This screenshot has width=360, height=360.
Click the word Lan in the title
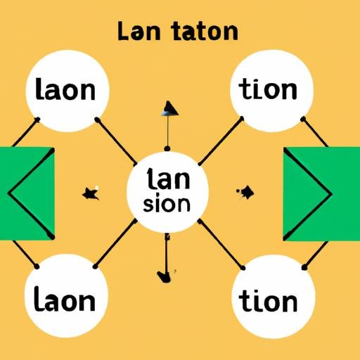tap(139, 31)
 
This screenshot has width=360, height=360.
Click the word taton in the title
tap(205, 31)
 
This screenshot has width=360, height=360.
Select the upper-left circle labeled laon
tap(67, 91)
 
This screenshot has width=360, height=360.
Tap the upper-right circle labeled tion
tap(272, 91)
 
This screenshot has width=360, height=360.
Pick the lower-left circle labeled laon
tap(66, 296)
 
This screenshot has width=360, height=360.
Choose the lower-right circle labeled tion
tap(274, 297)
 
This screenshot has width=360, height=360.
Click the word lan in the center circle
tap(168, 179)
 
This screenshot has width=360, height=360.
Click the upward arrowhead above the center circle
tap(170, 108)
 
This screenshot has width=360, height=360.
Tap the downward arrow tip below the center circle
tap(164, 276)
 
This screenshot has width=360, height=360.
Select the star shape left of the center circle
tap(91, 193)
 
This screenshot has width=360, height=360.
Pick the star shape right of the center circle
tap(245, 192)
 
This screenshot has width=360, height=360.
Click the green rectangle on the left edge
tap(27, 193)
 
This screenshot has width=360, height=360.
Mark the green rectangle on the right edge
tap(321, 193)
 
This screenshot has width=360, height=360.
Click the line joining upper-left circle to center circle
tap(117, 141)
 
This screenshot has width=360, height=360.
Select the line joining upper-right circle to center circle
tap(221, 141)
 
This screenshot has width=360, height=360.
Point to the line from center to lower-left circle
tap(115, 244)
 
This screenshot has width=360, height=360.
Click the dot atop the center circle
tap(167, 148)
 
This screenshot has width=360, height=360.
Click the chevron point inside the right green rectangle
tap(331, 194)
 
